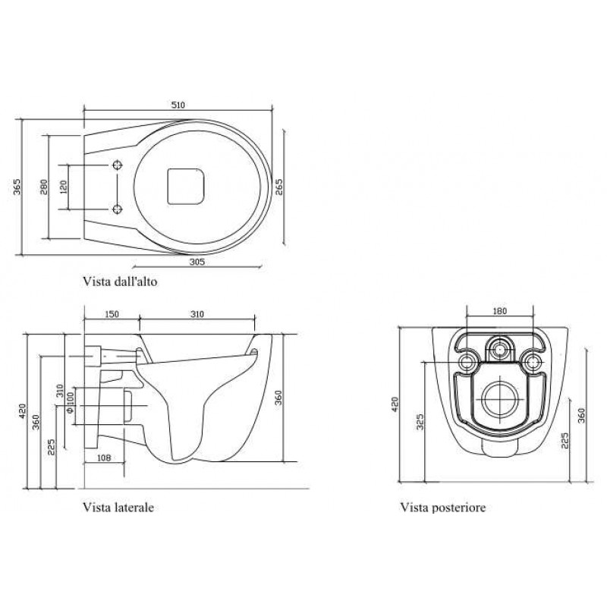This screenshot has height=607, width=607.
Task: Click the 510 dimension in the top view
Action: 178,105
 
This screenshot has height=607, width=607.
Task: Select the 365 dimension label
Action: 17,187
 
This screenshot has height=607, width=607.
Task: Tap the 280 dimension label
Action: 44,187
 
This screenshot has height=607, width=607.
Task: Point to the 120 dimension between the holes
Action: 64,187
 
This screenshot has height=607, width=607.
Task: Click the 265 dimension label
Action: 278,187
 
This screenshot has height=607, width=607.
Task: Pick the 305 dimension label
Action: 197,262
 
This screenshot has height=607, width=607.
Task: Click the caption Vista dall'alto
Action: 120,281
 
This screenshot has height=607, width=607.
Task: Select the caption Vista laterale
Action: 118,507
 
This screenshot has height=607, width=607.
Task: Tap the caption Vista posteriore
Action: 443,507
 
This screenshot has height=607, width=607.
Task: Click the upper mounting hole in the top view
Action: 118,165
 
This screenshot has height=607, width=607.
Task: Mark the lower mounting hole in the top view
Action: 118,209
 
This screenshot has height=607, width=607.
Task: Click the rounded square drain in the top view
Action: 186,186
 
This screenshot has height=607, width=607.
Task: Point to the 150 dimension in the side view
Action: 112,314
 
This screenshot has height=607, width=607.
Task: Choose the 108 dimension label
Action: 103,458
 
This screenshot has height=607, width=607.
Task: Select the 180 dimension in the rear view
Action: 500,311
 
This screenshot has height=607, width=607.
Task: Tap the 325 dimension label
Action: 420,422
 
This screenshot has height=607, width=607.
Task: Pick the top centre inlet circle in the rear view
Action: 500,348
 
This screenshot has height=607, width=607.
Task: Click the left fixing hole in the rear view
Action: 467,362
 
